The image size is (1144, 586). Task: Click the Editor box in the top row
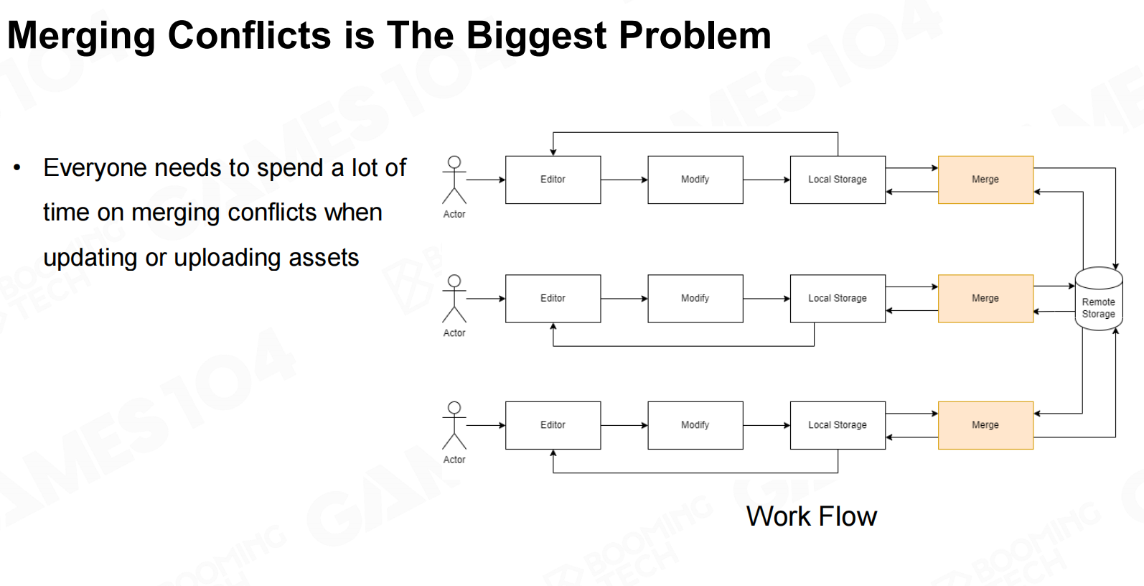coord(553,180)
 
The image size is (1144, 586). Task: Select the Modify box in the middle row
coord(695,298)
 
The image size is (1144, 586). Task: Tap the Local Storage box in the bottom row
coord(838,425)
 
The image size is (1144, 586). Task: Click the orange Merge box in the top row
coord(985,180)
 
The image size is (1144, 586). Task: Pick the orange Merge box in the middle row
coord(985,298)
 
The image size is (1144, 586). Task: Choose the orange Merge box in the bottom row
coord(985,425)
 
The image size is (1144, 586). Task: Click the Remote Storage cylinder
coord(1099,299)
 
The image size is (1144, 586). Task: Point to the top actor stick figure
coord(454,180)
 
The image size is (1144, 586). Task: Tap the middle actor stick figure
coord(454,298)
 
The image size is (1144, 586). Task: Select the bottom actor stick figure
coord(454,425)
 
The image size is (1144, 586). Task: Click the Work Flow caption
coord(812,516)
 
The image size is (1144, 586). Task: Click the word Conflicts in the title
coord(249,36)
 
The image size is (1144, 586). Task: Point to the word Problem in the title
coord(695,36)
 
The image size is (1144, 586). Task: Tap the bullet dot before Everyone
coord(17,167)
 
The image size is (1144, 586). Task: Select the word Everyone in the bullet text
coord(95,168)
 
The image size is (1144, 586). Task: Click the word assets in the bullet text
coord(324,258)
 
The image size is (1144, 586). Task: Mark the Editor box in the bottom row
coord(553,425)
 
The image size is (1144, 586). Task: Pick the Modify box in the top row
coord(695,180)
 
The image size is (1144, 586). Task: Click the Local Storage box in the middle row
coord(838,298)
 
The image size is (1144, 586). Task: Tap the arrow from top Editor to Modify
coord(624,180)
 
